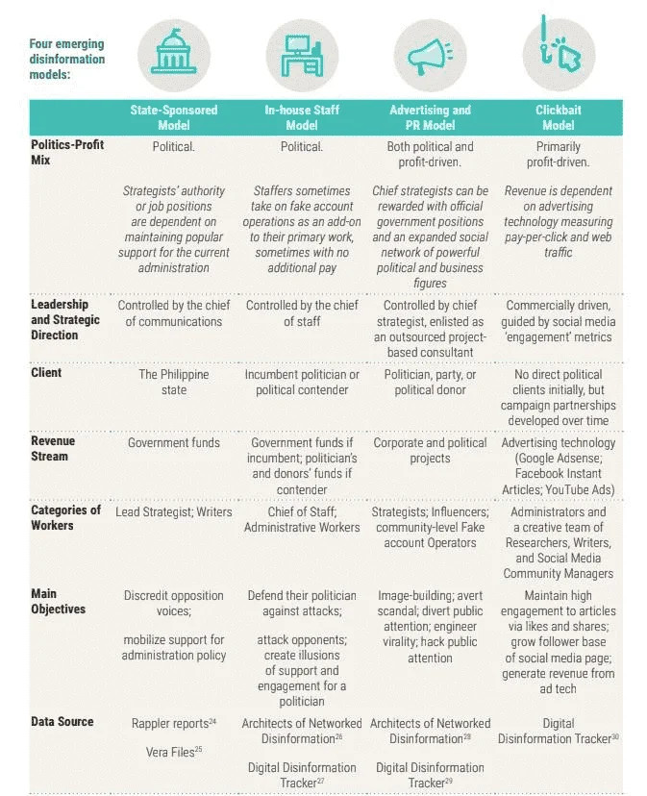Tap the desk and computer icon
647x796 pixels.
[x=302, y=56]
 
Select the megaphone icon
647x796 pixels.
[x=430, y=57]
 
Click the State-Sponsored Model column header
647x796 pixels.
[x=174, y=117]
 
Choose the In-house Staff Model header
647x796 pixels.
[x=302, y=117]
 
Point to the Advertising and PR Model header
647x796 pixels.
[x=430, y=117]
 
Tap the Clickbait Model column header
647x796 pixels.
[x=559, y=117]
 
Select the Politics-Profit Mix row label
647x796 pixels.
[x=67, y=152]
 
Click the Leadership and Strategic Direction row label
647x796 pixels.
[x=65, y=319]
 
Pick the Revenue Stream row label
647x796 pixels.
[x=53, y=448]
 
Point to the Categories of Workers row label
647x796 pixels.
[x=66, y=517]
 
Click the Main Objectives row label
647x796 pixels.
[x=58, y=601]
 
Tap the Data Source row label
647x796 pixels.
[x=62, y=721]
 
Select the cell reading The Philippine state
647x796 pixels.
[x=174, y=382]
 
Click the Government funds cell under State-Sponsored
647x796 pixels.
[x=174, y=442]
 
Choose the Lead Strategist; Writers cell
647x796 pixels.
[x=174, y=511]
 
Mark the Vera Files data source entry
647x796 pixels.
[x=174, y=752]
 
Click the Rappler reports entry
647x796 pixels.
[x=174, y=723]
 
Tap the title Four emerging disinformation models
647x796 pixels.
[x=67, y=59]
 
